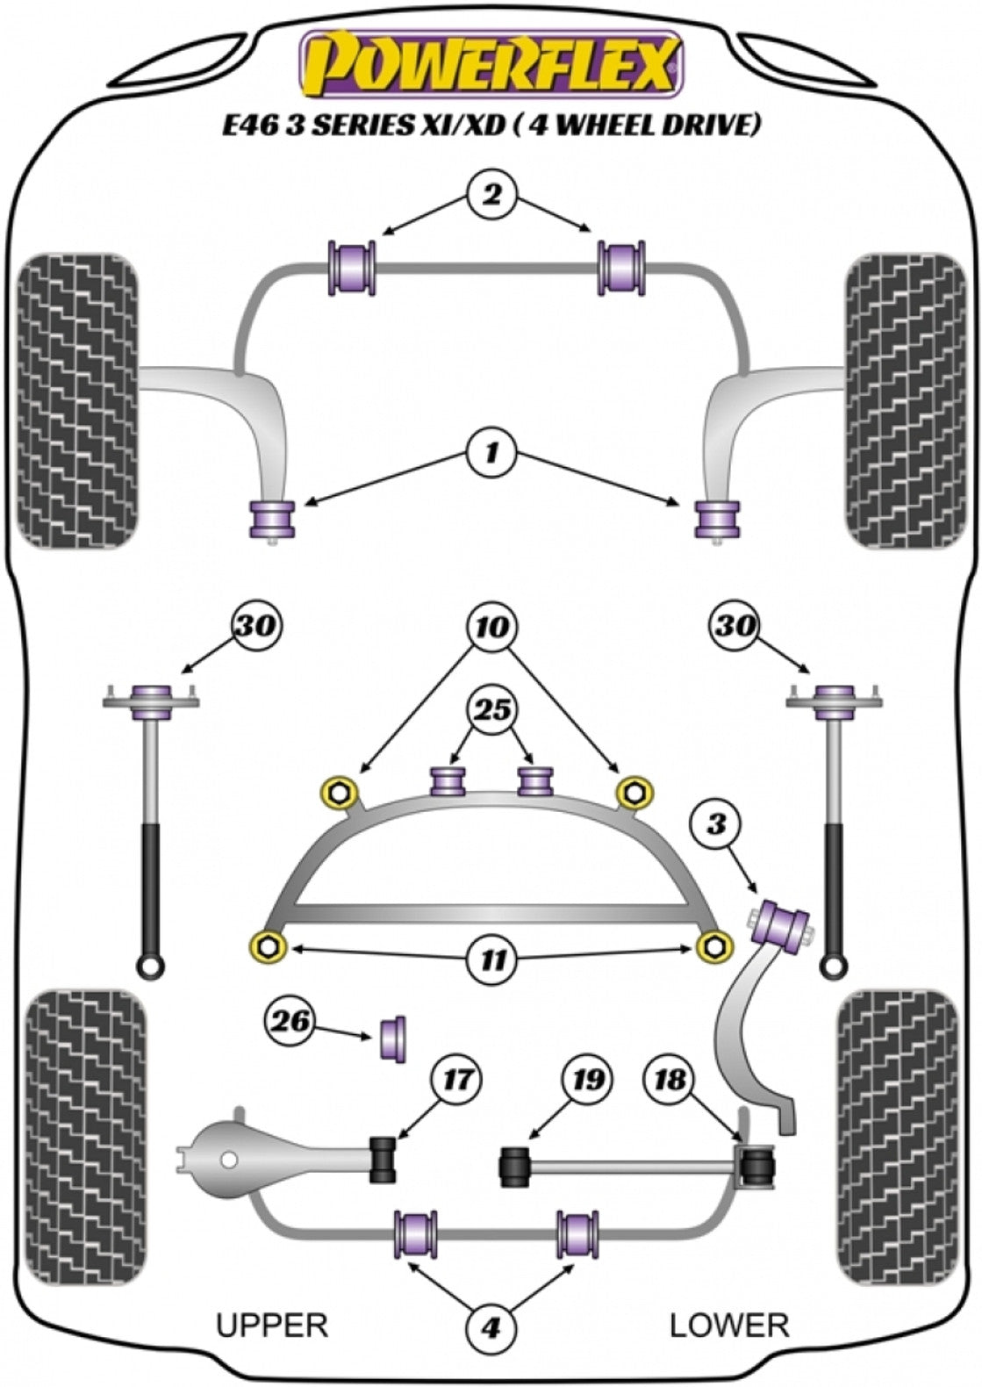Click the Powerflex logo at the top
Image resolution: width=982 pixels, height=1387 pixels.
coord(491,65)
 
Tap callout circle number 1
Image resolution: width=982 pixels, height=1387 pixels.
coord(491,453)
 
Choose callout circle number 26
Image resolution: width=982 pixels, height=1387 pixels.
coord(290,1021)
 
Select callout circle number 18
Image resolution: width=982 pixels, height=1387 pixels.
coord(670,1080)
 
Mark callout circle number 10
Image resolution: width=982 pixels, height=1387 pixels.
coord(493,627)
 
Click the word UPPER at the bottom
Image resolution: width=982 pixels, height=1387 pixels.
coord(272,1325)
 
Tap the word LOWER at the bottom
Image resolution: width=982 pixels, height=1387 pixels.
coord(729,1325)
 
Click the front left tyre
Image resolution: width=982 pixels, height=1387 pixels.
coord(79,401)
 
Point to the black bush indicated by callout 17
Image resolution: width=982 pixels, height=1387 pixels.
coord(383,1158)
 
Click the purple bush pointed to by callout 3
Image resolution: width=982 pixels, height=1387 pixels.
coord(785,924)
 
